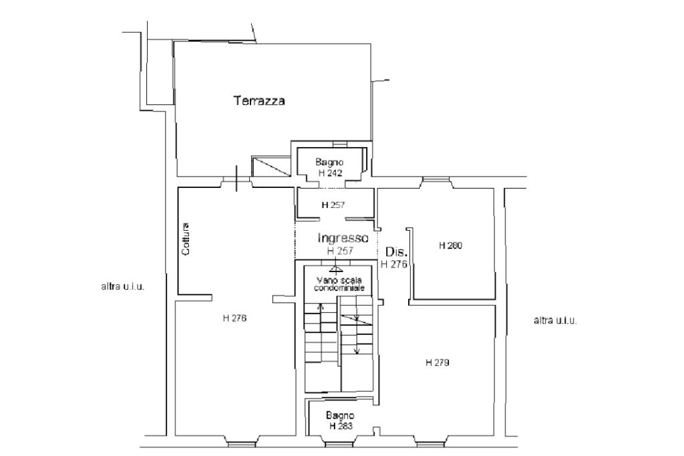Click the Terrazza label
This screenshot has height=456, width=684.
tap(259, 100)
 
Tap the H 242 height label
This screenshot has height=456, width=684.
tap(330, 173)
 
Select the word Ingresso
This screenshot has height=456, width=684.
tap(343, 238)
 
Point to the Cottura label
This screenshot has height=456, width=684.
tap(186, 239)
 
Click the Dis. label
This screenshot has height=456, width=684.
tap(396, 251)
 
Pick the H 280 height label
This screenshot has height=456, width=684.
tap(450, 245)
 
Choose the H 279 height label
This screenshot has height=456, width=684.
tap(437, 362)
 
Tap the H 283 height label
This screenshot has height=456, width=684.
tap(341, 426)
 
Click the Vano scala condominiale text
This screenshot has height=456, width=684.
tap(339, 284)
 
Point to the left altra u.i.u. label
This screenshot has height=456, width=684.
tap(123, 287)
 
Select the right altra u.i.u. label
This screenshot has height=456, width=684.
tap(555, 320)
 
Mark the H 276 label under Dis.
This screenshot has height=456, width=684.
tap(394, 264)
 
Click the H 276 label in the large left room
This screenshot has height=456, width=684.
tap(234, 318)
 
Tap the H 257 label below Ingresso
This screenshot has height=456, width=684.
tap(340, 251)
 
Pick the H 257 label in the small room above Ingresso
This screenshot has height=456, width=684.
tap(333, 205)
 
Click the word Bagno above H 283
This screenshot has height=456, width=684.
tap(340, 416)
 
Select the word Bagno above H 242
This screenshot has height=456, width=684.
tap(330, 162)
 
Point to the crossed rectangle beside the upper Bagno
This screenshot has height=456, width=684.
tap(271, 166)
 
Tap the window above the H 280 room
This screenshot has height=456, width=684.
tap(436, 179)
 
